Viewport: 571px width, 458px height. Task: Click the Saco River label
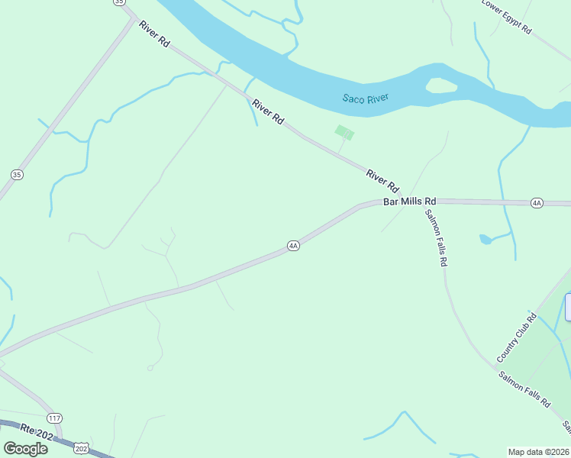tap(366, 98)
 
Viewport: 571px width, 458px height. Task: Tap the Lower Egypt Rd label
tap(506, 15)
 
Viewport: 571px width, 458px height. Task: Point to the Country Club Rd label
tap(517, 337)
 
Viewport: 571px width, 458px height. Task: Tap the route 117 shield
tap(53, 418)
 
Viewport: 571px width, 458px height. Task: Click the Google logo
tap(25, 449)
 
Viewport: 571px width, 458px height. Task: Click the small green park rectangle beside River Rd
tap(344, 133)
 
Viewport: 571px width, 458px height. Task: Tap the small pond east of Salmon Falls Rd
tap(486, 240)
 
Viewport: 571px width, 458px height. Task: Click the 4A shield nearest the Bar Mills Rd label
tap(537, 202)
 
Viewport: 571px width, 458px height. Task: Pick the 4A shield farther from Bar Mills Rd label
tap(293, 246)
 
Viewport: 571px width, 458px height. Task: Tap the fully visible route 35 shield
tap(17, 175)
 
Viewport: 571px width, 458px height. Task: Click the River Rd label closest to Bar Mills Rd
tap(382, 181)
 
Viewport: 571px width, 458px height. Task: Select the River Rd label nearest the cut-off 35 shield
tap(153, 34)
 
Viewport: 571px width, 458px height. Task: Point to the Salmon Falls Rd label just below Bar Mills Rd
tap(436, 237)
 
